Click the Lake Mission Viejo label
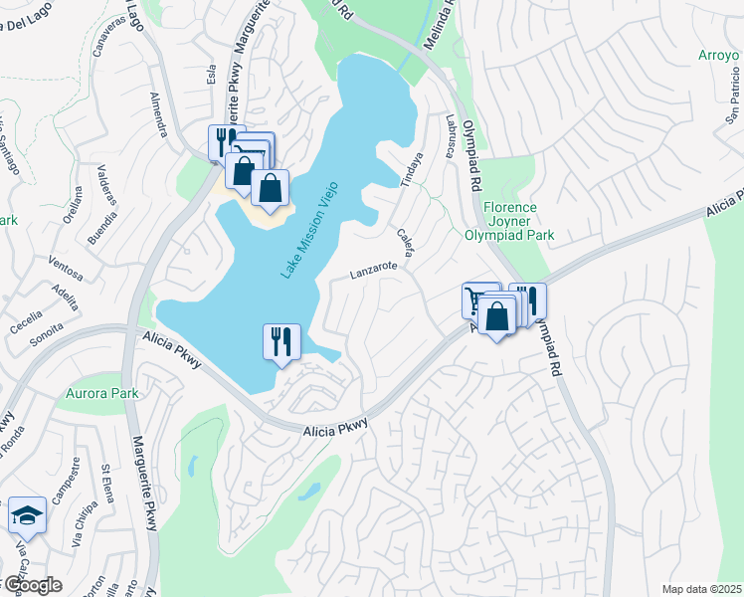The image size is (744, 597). tap(308, 229)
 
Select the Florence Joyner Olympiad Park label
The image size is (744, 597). tap(510, 221)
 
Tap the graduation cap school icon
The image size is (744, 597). tap(27, 515)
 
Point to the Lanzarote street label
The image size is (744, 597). tap(374, 268)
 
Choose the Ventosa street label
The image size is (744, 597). tap(66, 268)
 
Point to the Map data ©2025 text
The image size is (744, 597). tap(701, 589)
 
